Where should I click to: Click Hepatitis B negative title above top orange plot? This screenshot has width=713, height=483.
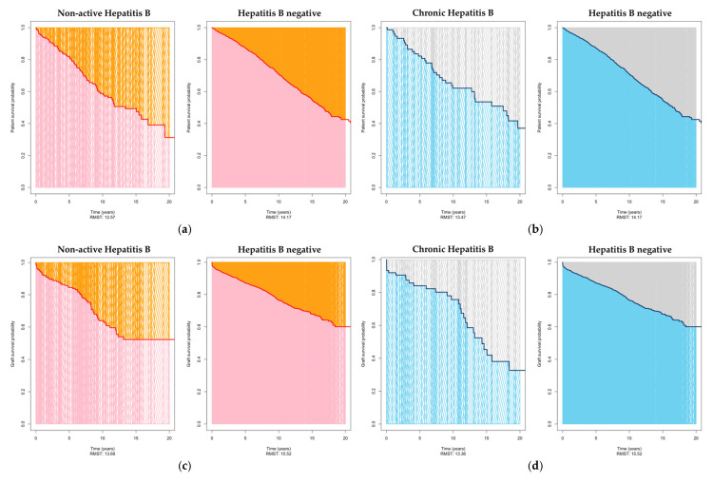[x=279, y=11]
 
